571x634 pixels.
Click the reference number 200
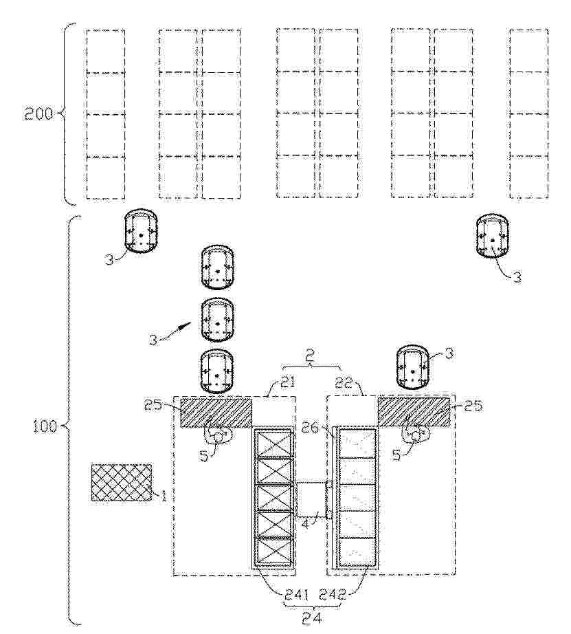coord(38,114)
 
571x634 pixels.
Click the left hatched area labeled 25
coord(216,412)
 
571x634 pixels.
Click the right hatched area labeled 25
coord(414,412)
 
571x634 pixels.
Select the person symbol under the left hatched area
coord(219,435)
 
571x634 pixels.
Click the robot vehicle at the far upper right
coord(492,235)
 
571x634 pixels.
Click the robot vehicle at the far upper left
coord(140,231)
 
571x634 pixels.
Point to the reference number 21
coord(288,382)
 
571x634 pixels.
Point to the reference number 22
coord(344,382)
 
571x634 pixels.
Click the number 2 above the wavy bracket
coord(310,355)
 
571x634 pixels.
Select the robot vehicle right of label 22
coord(412,368)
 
